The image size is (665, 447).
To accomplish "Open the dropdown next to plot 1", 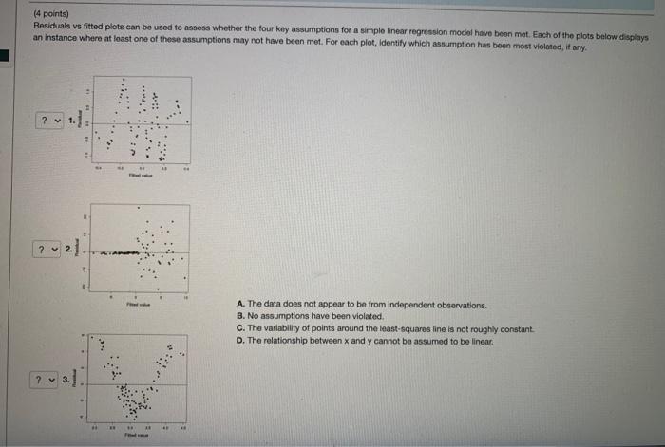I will point(47,121).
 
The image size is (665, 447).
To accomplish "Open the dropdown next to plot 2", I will point(47,250).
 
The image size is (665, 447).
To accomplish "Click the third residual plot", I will point(140,380).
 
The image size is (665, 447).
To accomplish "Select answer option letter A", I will point(240,306).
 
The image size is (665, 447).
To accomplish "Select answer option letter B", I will point(240,317).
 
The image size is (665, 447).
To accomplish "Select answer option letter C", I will point(240,328).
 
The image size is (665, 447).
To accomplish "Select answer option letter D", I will point(240,340).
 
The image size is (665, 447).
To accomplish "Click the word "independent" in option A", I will point(372,306).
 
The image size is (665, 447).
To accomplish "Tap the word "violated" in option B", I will point(362,317).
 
